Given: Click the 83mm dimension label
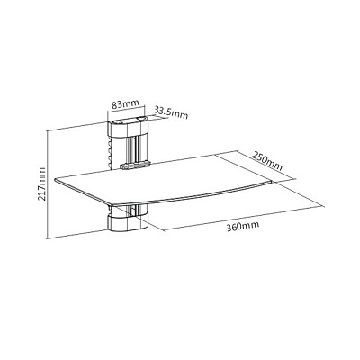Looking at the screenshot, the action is (x=125, y=104).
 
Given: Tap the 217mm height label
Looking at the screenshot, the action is (x=41, y=184).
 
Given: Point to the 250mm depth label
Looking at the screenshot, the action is (x=267, y=161).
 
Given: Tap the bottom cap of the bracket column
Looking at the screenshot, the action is (x=129, y=222).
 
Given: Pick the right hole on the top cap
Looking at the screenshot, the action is (x=140, y=120).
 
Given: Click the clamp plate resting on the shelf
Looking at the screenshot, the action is (x=135, y=165).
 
